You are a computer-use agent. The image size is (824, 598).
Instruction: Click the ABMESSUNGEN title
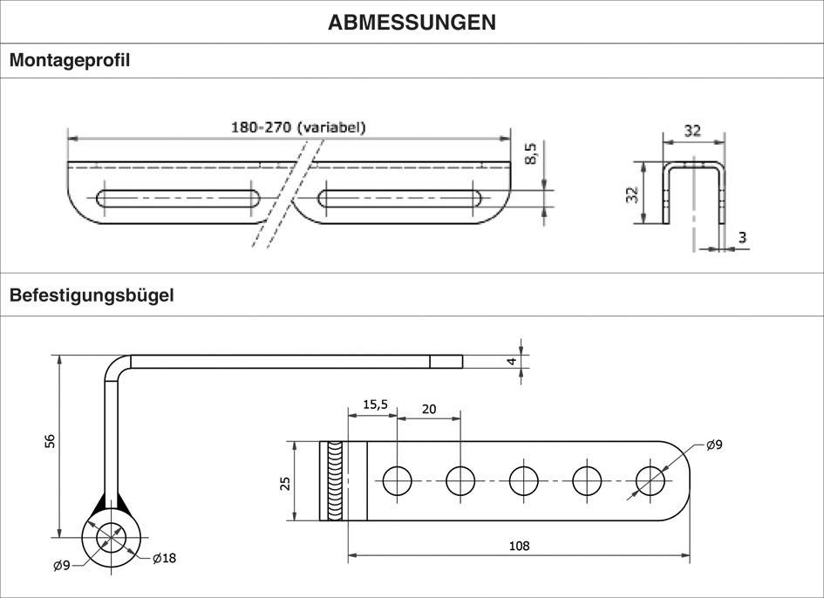[x=412, y=23]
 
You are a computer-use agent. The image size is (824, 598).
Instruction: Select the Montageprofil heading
[x=70, y=61]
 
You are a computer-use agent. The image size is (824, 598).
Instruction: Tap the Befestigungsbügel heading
[x=92, y=296]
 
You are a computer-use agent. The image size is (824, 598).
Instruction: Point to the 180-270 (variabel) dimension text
[x=298, y=127]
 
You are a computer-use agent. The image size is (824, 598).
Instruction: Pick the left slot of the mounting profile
[x=178, y=198]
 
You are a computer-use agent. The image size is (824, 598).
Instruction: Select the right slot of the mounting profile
[x=402, y=198]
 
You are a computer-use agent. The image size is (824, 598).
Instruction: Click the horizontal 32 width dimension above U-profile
[x=692, y=131]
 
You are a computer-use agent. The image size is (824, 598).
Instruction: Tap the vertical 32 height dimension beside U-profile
[x=633, y=194]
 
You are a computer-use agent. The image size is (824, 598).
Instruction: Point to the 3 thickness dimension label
[x=742, y=237]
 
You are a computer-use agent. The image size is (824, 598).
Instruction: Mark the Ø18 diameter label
[x=164, y=558]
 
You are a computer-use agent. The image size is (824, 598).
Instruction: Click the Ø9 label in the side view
[x=62, y=566]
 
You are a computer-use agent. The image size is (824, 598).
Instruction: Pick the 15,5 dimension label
[x=374, y=404]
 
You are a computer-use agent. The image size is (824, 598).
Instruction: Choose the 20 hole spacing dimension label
[x=429, y=408]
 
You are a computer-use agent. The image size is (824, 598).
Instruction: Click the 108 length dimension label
[x=520, y=547]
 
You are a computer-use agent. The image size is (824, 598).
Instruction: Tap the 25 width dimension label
[x=284, y=482]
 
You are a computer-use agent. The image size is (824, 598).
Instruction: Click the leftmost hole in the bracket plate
[x=398, y=480]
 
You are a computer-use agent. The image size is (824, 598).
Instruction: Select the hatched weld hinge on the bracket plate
[x=334, y=481]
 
